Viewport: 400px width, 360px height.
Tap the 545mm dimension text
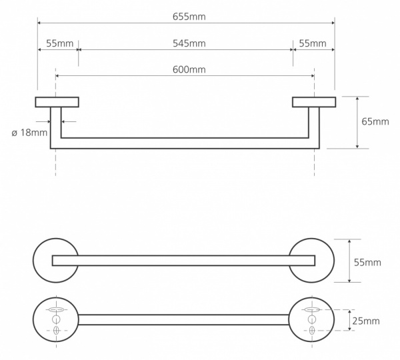[186, 44]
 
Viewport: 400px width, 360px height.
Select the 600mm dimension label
[186, 70]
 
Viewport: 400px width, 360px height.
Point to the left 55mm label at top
[58, 44]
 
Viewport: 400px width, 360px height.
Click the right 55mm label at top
[313, 44]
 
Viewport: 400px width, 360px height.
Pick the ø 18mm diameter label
[29, 132]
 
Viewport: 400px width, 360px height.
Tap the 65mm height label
[375, 121]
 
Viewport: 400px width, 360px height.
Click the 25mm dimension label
[366, 321]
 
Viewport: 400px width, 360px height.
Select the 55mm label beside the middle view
[367, 262]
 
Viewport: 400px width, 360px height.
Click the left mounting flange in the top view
[57, 102]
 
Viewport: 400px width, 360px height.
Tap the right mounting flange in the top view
[314, 102]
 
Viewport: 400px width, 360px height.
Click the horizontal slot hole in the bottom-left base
[56, 310]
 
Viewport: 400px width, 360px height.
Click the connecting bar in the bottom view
[184, 319]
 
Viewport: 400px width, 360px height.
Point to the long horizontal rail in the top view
[185, 143]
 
